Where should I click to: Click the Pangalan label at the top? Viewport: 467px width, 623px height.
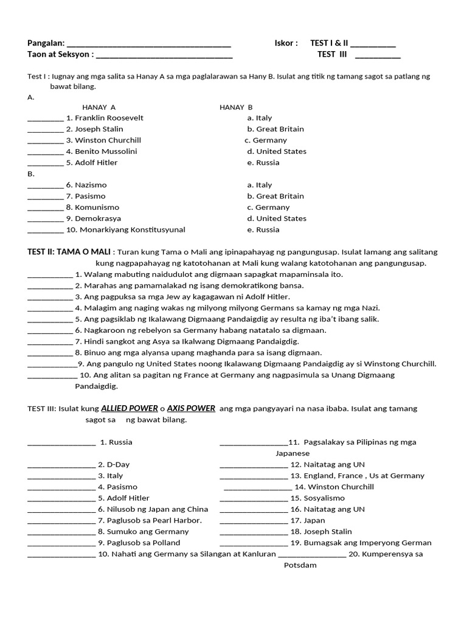(46, 43)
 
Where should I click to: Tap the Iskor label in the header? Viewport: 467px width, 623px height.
(286, 43)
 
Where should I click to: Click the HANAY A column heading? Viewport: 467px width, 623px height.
(99, 107)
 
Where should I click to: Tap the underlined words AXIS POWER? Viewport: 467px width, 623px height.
(191, 408)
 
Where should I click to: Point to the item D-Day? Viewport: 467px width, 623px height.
(118, 465)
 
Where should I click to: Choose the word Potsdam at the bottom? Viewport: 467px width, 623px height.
(300, 565)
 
